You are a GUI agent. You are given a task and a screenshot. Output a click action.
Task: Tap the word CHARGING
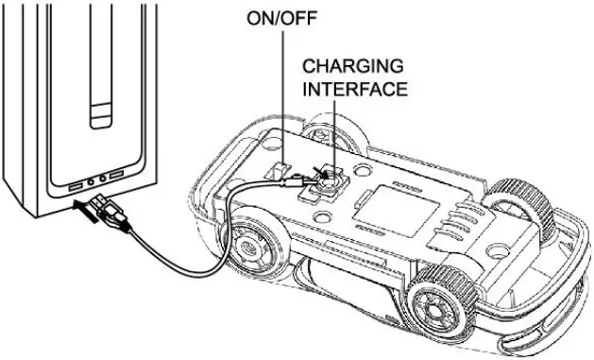(x=341, y=67)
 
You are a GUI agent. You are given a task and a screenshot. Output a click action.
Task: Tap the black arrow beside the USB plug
(x=83, y=214)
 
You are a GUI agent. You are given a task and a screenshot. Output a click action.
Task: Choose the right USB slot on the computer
(x=115, y=178)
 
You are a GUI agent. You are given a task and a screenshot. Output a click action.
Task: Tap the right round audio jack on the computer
(x=100, y=180)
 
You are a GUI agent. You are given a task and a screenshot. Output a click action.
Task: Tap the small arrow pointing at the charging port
(x=322, y=173)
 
